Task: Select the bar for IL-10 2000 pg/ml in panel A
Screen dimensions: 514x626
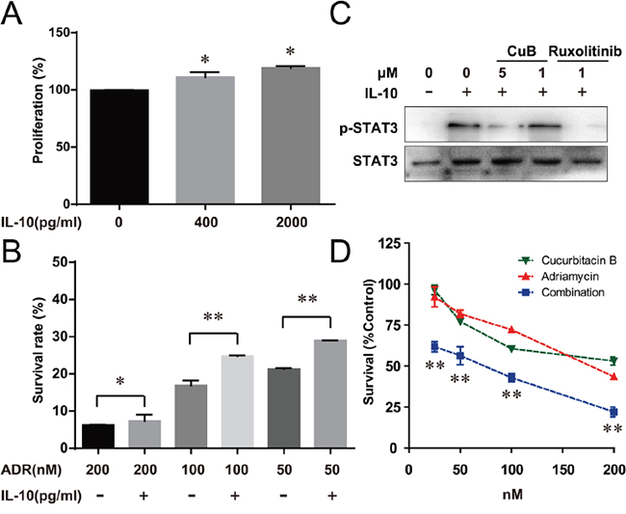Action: pyautogui.click(x=284, y=135)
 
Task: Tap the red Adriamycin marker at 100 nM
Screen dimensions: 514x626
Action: pyautogui.click(x=511, y=330)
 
